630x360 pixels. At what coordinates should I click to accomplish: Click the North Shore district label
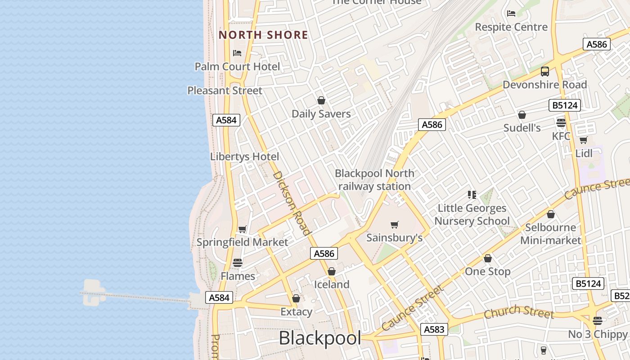tap(263, 35)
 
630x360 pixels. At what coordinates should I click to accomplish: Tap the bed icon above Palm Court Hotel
tap(237, 53)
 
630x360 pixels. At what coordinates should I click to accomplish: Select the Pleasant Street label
tap(225, 90)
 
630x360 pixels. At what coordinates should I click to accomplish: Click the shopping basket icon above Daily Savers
tap(321, 100)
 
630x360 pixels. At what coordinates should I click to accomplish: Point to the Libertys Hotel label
tap(244, 157)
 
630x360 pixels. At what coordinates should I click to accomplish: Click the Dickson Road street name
tap(292, 203)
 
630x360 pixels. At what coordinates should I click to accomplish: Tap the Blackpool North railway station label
tap(374, 180)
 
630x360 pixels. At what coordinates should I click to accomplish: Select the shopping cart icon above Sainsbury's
tap(395, 225)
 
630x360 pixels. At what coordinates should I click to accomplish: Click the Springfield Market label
tap(242, 242)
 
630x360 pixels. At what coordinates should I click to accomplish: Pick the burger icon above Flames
tap(238, 263)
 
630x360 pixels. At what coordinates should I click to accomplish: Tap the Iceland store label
tap(332, 284)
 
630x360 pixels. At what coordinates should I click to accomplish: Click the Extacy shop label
tap(296, 312)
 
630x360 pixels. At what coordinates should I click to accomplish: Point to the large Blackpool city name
tap(320, 338)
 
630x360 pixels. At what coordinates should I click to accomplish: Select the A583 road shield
tap(434, 329)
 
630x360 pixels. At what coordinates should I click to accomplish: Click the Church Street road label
tap(518, 311)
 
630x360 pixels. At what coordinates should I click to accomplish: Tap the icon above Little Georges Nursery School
tap(472, 195)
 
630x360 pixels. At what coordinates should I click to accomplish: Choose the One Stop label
tap(487, 271)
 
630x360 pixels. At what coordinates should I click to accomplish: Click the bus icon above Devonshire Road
tap(545, 72)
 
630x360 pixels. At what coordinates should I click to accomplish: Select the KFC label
tap(561, 136)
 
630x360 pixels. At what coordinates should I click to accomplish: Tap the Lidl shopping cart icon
tap(584, 140)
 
